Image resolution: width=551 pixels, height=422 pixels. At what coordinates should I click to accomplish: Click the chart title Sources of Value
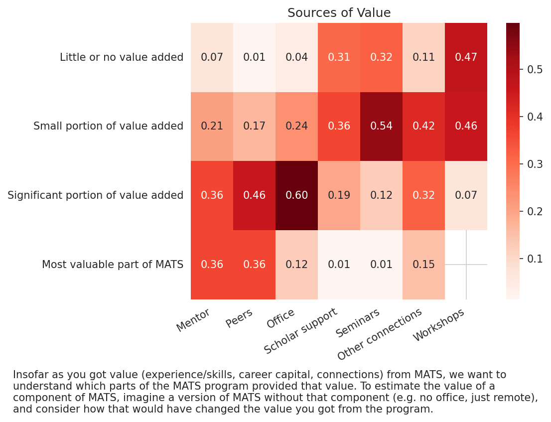point(339,13)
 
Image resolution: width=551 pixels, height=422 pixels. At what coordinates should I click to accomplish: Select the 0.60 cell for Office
point(296,195)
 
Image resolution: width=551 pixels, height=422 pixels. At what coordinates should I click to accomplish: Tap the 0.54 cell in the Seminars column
point(381,126)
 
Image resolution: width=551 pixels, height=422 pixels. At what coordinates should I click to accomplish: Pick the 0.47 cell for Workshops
point(466,57)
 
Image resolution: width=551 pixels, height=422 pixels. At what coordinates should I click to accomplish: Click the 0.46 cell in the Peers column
point(254,195)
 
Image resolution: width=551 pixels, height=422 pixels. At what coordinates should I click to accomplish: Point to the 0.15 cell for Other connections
point(423,265)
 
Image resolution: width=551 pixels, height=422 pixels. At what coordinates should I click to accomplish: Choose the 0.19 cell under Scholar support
point(339,195)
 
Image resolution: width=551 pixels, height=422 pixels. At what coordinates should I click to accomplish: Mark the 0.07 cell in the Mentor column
point(212,57)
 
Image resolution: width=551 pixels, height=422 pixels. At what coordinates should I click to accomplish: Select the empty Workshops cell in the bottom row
point(466,265)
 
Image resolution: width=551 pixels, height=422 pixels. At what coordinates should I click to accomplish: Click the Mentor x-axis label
point(194,320)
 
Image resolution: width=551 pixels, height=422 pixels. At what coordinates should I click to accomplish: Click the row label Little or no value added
point(122,57)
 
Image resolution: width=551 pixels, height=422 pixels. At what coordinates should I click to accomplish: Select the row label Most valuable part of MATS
point(113,265)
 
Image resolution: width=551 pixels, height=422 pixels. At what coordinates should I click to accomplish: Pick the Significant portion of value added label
point(95,195)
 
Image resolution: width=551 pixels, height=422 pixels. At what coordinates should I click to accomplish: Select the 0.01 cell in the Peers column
point(254,57)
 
